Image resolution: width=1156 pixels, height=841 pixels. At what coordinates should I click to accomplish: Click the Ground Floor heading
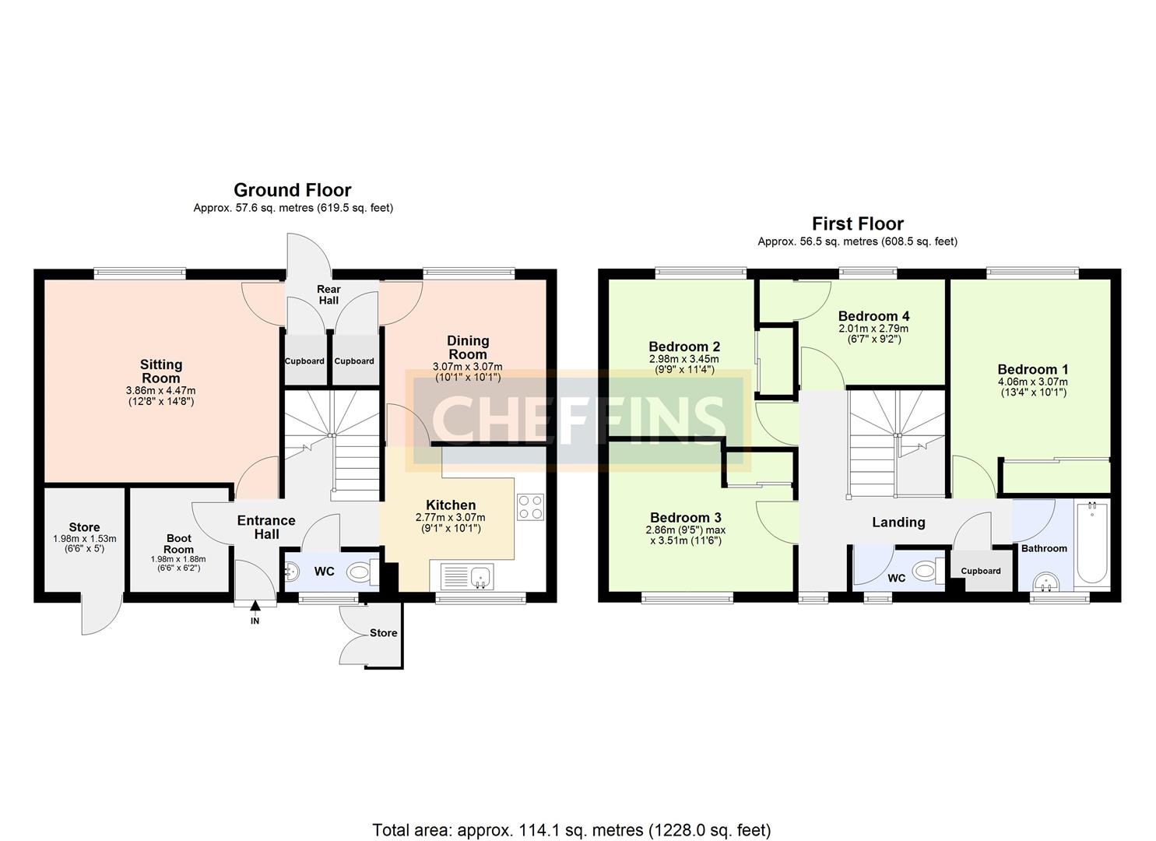[x=292, y=190]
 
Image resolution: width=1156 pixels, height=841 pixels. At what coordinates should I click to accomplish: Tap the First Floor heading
[x=857, y=224]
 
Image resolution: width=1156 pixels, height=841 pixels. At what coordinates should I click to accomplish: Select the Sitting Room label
[x=161, y=371]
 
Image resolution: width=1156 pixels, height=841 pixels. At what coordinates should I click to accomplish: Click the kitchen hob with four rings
[x=530, y=507]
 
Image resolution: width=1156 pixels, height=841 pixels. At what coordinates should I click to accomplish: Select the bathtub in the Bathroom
[x=1092, y=544]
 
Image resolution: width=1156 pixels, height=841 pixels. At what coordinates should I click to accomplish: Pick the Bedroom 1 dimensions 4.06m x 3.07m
[x=1032, y=382]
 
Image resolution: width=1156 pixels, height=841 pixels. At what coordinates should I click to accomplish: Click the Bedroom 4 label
[x=873, y=316]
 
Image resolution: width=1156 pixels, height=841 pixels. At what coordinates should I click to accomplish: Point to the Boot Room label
[x=178, y=544]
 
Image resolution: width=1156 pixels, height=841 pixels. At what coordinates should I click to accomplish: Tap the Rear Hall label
[x=328, y=295]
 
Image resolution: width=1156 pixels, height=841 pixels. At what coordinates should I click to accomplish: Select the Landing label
[x=898, y=523]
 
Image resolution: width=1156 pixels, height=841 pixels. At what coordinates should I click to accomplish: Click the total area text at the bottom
[x=571, y=830]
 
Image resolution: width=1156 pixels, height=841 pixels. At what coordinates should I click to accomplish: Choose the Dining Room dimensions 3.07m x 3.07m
[x=467, y=367]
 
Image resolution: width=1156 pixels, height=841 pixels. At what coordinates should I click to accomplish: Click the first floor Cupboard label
[x=980, y=571]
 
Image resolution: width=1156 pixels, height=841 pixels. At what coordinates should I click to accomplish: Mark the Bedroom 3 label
[x=685, y=518]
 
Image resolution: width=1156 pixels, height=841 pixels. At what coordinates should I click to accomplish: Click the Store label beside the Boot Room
[x=84, y=527]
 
